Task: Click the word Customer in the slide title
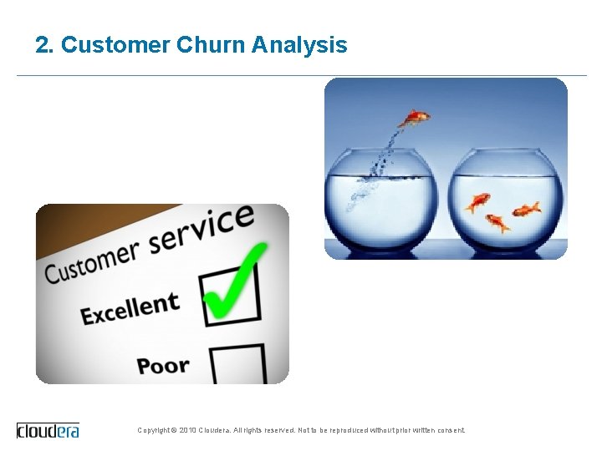[115, 45]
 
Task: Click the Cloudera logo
[48, 430]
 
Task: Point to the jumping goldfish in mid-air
[413, 119]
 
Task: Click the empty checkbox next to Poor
[237, 364]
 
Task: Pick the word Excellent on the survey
[130, 308]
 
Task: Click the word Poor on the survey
[163, 366]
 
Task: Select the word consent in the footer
[450, 431]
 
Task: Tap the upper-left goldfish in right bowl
[478, 202]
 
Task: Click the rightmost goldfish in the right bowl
[527, 209]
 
